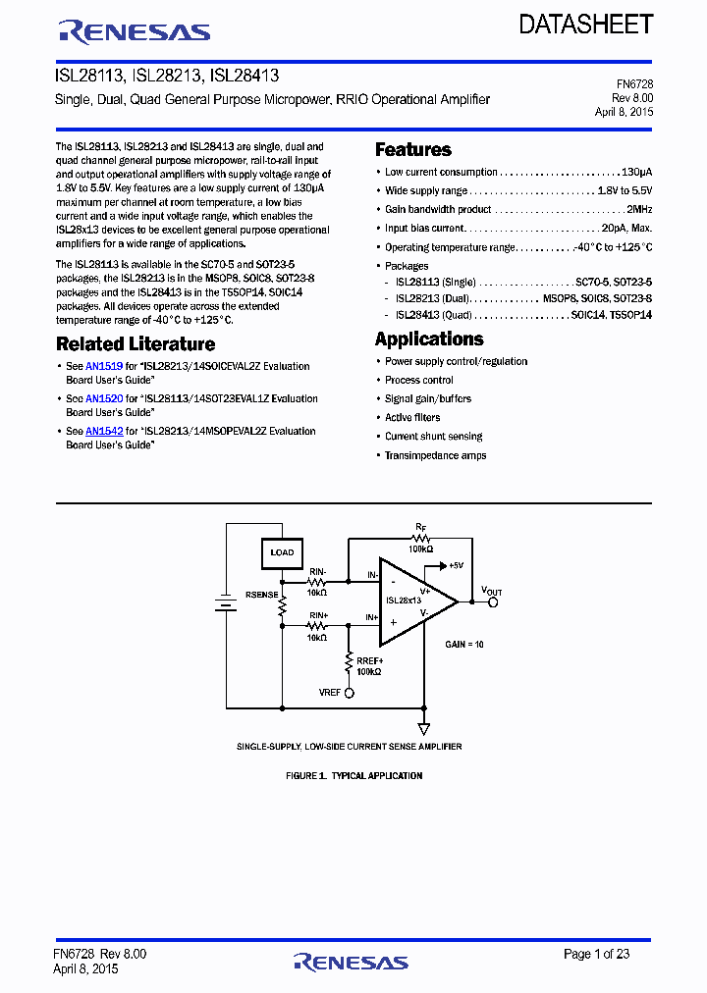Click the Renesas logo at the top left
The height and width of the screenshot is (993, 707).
click(x=135, y=32)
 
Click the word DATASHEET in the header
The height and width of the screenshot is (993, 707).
click(x=586, y=25)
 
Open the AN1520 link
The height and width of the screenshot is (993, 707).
click(x=103, y=399)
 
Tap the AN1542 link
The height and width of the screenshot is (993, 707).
click(x=103, y=432)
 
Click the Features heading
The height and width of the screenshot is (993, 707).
click(x=413, y=150)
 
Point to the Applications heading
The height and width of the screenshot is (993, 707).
click(x=429, y=340)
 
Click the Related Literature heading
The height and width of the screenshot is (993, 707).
click(x=136, y=344)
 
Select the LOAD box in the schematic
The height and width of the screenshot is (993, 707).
click(x=282, y=553)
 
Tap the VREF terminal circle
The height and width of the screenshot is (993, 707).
click(x=349, y=692)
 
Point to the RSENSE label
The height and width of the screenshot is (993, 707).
click(x=261, y=595)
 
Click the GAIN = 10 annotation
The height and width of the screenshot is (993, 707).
click(x=464, y=644)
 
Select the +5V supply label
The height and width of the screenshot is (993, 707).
click(x=454, y=566)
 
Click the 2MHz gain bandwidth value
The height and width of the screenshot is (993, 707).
click(x=639, y=210)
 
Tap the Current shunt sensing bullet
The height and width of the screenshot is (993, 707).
click(x=433, y=437)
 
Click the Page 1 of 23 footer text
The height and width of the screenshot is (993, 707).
click(x=596, y=954)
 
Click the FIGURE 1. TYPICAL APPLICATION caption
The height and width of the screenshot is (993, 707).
click(x=353, y=776)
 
